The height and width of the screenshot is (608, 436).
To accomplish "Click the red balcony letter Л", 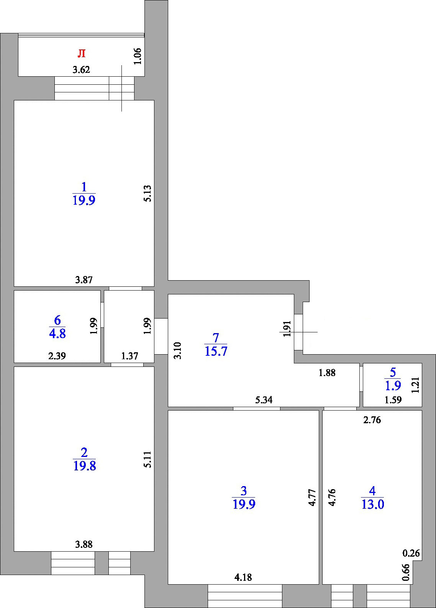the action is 82,53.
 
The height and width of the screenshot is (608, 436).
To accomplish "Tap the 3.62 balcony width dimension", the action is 81,70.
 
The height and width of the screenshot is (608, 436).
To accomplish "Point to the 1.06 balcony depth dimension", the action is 138,56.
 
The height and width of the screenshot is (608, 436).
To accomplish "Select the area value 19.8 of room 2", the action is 84,466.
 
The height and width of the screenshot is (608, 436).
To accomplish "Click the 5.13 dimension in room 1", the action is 148,193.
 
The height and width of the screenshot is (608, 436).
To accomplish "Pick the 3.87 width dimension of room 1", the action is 84,279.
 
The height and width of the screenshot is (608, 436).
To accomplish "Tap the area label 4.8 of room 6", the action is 57,333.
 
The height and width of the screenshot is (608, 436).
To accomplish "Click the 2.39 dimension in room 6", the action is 57,356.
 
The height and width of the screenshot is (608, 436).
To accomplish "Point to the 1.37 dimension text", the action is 129,356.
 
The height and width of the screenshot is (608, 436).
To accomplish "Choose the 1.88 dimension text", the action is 327,373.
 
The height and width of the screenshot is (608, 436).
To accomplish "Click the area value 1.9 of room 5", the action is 393,385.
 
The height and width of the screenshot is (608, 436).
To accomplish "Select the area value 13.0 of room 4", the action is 373,504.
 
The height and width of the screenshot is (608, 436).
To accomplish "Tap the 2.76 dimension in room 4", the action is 372,420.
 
